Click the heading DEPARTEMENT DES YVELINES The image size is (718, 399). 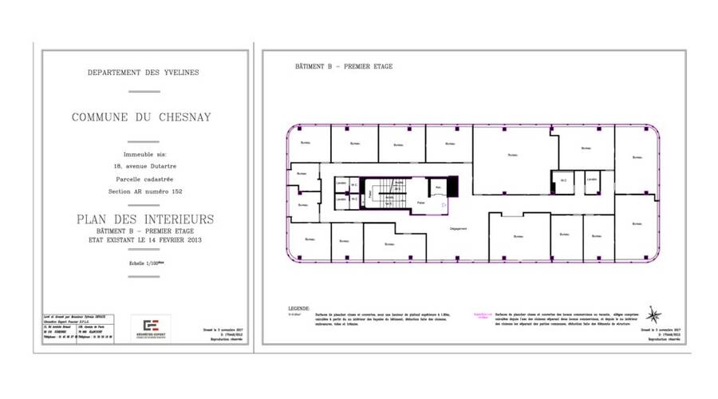[144, 73]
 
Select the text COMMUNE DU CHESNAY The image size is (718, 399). [142, 117]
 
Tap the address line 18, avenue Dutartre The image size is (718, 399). [143, 166]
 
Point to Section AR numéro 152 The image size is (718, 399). [143, 192]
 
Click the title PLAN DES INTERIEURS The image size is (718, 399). [144, 219]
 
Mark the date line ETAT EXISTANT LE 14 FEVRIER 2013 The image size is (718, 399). [144, 239]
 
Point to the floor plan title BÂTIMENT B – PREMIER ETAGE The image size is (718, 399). [343, 67]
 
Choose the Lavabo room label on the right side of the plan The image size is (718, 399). [591, 180]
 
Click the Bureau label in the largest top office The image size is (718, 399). [515, 156]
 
